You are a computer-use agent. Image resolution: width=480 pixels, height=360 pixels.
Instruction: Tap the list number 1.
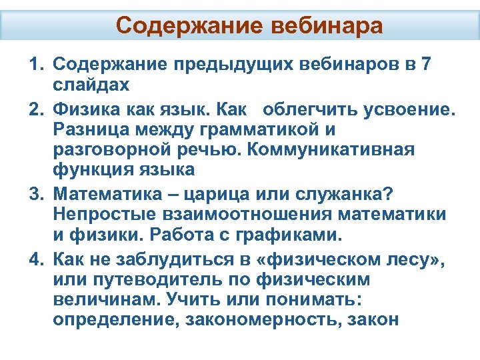[33, 65]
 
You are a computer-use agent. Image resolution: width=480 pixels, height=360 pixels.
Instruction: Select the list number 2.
[33, 107]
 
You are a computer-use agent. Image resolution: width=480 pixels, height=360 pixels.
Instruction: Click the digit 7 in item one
[426, 65]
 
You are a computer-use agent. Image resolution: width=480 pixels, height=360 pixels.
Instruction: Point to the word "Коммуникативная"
[349, 149]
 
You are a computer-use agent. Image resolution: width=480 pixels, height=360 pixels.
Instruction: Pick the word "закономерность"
[265, 321]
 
